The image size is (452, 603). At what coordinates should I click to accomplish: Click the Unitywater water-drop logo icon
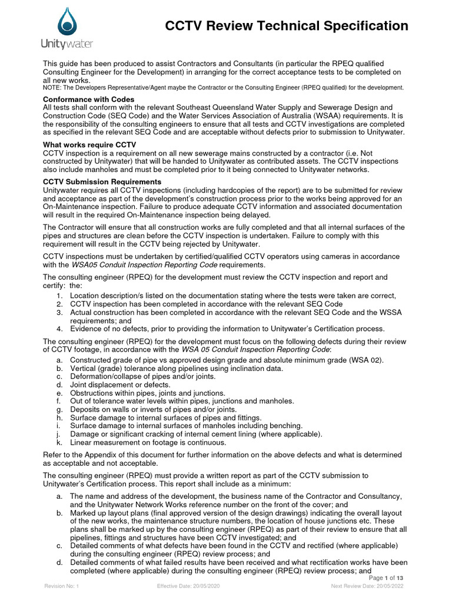click(x=66, y=22)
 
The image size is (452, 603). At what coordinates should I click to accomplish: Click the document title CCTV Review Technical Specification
click(x=286, y=26)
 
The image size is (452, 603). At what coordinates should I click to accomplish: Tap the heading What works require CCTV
click(x=89, y=145)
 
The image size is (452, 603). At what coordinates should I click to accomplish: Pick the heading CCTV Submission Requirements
click(x=102, y=182)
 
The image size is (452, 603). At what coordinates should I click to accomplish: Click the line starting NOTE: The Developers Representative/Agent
click(x=224, y=88)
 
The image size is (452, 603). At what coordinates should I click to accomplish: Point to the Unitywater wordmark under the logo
click(x=67, y=44)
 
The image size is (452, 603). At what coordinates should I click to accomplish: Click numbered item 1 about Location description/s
click(x=232, y=296)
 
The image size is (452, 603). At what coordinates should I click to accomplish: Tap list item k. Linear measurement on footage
click(x=147, y=442)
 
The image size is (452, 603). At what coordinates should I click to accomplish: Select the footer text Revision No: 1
click(x=62, y=587)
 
